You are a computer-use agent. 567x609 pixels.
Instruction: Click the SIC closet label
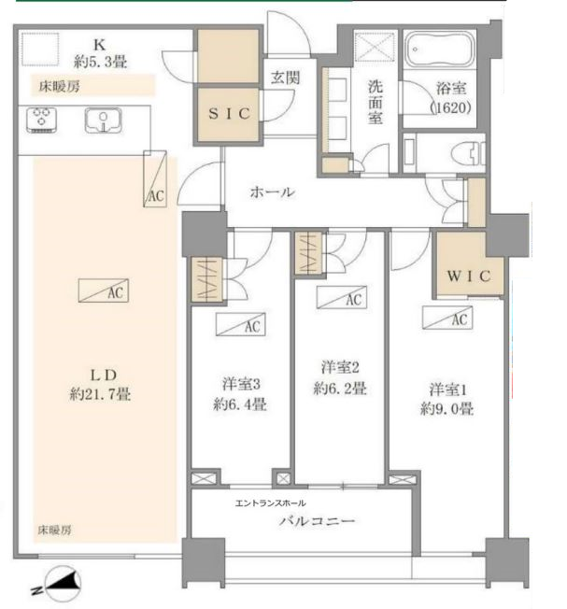(228, 114)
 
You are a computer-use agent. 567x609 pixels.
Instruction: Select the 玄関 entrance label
(286, 78)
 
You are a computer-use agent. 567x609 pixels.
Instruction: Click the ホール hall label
(272, 193)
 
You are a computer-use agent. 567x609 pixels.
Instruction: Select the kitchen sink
(101, 120)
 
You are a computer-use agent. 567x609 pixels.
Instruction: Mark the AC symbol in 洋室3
(238, 326)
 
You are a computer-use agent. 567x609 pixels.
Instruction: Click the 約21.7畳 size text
(99, 394)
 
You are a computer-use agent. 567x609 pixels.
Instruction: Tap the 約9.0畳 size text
(447, 408)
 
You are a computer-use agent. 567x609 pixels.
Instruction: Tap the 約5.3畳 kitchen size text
(103, 61)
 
